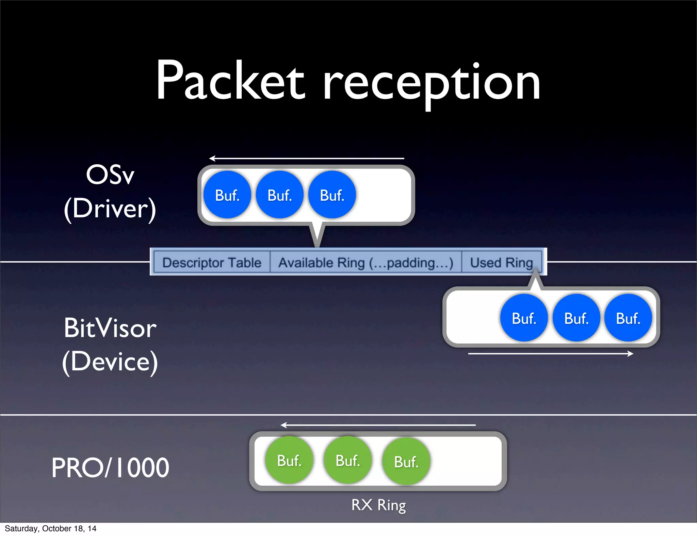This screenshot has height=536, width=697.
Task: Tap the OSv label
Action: pos(110,175)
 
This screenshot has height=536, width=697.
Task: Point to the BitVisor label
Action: pos(110,328)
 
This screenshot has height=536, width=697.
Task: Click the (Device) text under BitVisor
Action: pos(110,361)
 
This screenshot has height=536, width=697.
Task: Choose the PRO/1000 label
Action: pos(110,468)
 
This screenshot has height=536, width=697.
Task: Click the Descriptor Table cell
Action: pos(212,263)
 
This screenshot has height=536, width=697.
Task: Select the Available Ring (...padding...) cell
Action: pos(366,263)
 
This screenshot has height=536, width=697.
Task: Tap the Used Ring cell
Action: pos(501,263)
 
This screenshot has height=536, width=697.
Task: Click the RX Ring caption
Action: pos(378,505)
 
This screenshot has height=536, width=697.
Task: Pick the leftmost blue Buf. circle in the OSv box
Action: pos(227,195)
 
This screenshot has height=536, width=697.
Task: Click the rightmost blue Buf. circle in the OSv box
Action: pos(332,195)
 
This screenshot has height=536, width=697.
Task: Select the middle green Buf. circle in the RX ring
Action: pos(347,460)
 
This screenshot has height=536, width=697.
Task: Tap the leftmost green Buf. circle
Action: pos(289,460)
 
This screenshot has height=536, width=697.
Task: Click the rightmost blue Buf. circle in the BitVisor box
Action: pos(628,318)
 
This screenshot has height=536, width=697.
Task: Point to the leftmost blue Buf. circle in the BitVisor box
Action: pos(524,318)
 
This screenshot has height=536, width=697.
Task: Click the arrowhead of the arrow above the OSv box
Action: pos(212,158)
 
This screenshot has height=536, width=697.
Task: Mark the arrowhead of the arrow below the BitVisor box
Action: pos(630,354)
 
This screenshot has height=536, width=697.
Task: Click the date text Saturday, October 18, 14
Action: pos(50,529)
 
